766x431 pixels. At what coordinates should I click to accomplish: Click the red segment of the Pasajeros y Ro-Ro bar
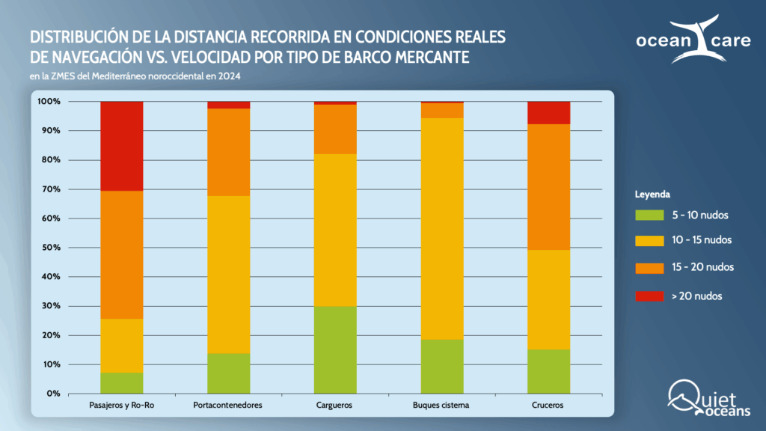click(121, 146)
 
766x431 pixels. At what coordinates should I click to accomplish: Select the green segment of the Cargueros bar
click(335, 349)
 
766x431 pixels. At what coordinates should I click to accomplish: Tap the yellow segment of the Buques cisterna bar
click(442, 228)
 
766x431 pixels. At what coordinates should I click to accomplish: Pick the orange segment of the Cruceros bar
click(548, 186)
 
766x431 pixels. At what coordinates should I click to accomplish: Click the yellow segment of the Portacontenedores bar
click(228, 274)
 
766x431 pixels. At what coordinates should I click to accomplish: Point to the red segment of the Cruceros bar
click(548, 112)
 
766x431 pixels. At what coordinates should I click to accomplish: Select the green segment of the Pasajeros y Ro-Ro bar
click(121, 382)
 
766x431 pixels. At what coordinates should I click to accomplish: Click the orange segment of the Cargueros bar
click(335, 129)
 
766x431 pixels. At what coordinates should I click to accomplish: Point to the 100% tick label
click(48, 101)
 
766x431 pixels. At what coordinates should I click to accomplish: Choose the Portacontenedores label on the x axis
click(228, 406)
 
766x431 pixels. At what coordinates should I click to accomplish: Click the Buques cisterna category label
click(442, 406)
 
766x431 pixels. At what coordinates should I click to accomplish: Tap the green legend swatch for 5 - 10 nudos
click(649, 215)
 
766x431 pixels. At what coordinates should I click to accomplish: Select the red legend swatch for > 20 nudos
click(649, 296)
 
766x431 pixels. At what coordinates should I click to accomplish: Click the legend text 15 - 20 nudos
click(702, 267)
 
